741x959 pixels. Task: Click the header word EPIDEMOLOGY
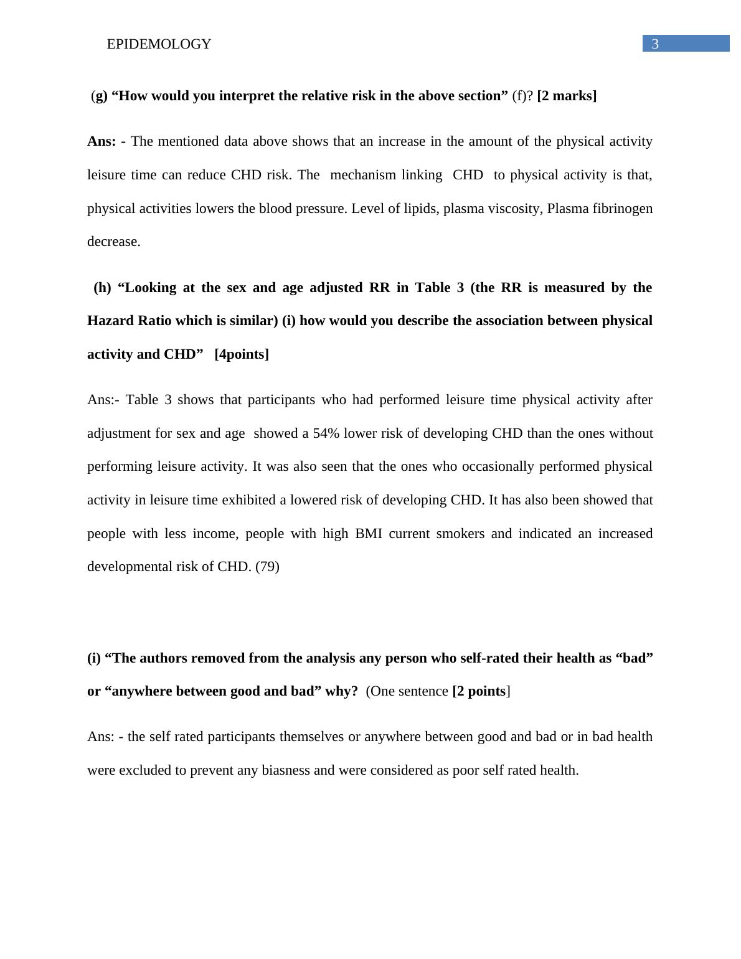tap(159, 44)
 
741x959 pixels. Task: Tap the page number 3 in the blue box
tap(654, 44)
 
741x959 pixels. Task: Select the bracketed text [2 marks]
tap(567, 96)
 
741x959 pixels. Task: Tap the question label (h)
tap(102, 288)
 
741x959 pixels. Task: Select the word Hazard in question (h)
tap(108, 321)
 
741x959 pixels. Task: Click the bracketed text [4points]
tap(242, 354)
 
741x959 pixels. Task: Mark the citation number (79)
tap(267, 567)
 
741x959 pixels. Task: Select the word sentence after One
tap(423, 691)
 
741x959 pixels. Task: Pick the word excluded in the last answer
tap(146, 770)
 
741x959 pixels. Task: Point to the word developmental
tap(127, 567)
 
